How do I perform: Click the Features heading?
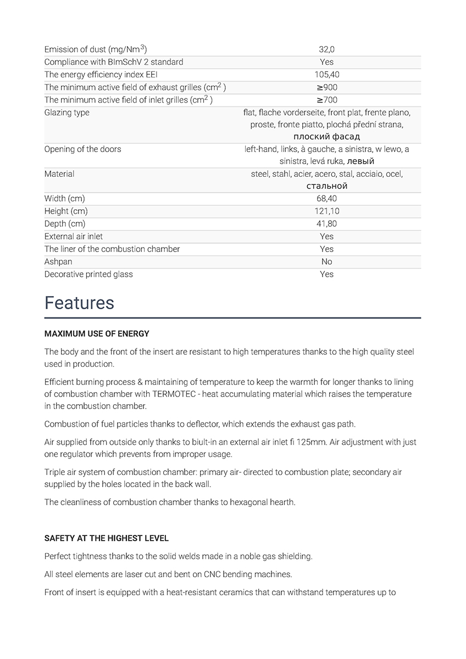pos(79,303)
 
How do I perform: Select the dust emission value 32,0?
pos(326,49)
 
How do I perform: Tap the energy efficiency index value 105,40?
pos(326,75)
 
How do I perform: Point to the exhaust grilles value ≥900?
pos(326,87)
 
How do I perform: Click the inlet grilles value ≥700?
pos(326,100)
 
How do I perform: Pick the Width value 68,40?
pos(326,198)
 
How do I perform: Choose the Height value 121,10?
pos(326,211)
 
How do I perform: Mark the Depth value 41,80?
pos(326,224)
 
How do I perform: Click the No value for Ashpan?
pos(326,261)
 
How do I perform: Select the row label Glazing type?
pos(66,113)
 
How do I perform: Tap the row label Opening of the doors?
pos(82,149)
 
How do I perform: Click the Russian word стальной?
pos(326,186)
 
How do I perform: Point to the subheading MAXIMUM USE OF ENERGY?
pos(97,333)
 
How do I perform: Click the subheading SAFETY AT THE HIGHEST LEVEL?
pos(107,538)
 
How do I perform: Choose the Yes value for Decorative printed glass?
pos(326,274)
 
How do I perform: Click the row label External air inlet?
pos(74,236)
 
